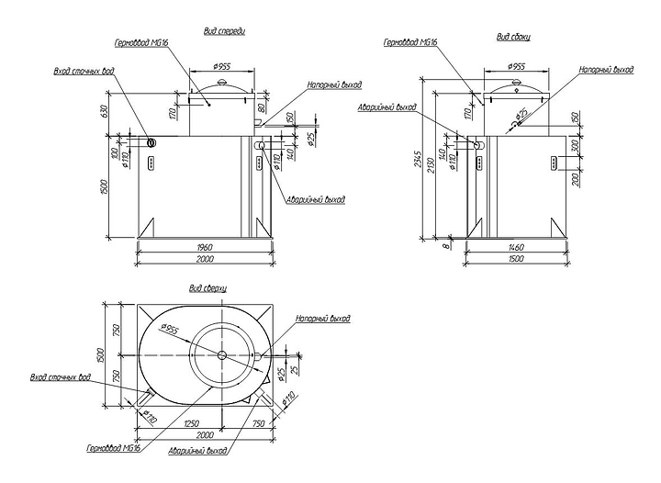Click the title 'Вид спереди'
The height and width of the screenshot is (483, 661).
224,30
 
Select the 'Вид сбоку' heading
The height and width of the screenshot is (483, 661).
514,38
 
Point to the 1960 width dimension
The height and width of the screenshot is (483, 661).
206,246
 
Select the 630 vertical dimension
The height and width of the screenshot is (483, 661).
105,111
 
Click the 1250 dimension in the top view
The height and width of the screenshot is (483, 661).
193,424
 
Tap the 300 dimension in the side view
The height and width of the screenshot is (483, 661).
575,147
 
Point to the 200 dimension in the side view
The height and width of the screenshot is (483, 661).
575,178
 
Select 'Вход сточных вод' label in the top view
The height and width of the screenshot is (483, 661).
60,376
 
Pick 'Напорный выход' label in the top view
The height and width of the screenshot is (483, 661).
323,319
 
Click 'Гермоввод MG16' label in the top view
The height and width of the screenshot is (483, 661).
112,449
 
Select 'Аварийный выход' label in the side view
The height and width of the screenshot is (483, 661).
387,107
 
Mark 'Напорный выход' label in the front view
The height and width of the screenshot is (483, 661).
332,84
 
